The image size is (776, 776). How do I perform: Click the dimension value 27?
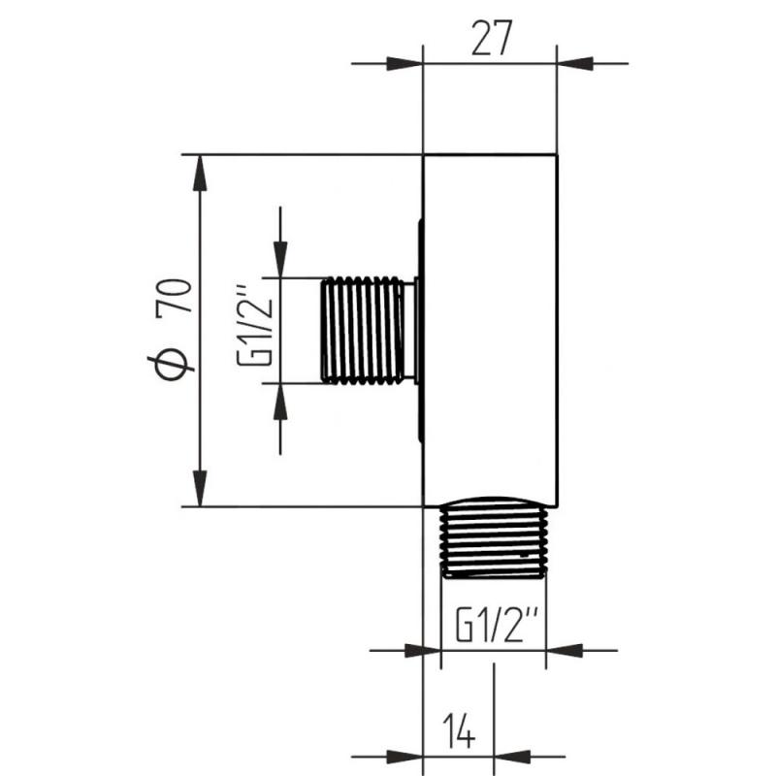point(491,39)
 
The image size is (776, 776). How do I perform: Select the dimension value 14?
point(458,730)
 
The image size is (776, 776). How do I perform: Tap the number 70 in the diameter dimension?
point(174,296)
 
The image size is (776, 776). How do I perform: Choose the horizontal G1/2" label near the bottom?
point(497,625)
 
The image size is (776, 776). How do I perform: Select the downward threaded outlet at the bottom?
point(495,538)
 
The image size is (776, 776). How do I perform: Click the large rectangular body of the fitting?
point(491,331)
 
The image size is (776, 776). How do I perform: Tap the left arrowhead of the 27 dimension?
point(404,64)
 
